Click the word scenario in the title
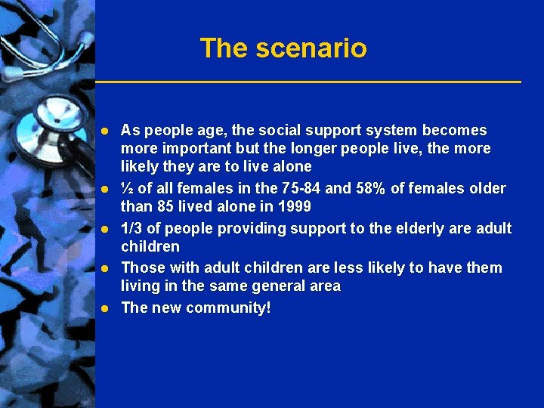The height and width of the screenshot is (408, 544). (311, 48)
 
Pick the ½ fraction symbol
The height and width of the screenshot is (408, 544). (127, 188)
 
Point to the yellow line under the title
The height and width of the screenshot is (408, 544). (308, 81)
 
